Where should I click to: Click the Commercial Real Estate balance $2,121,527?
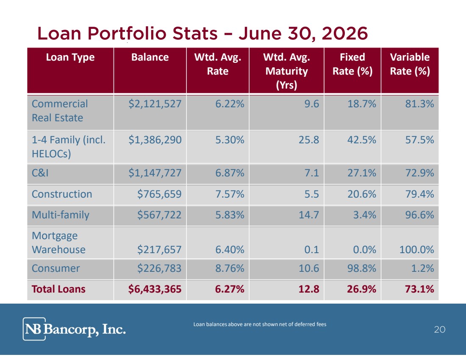155,104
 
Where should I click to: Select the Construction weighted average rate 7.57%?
230,194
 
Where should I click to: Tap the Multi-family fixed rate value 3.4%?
364,215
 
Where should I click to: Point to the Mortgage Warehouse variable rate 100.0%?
417,249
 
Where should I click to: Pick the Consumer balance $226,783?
159,268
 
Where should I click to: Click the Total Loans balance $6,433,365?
155,289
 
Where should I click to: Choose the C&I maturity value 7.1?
312,173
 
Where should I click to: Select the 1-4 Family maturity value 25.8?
309,140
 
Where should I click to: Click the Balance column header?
150,57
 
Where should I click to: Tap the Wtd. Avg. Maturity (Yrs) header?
286,71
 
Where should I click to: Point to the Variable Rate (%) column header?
410,64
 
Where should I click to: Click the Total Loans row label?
58,289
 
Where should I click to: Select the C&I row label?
40,173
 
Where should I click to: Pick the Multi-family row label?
61,215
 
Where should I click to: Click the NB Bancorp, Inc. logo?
74,329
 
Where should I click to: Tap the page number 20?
440,329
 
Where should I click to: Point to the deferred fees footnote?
260,324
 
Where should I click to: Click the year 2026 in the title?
345,33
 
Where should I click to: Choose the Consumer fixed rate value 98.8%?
362,268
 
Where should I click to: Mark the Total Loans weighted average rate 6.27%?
230,289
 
